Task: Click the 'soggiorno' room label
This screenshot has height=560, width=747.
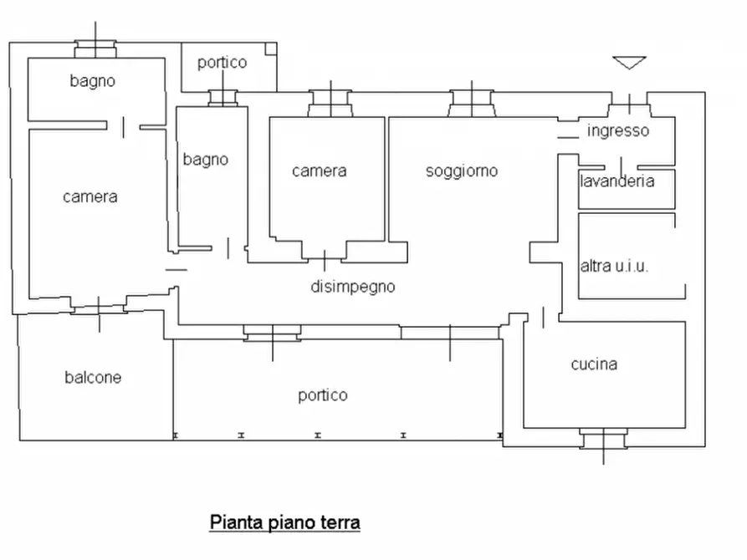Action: click(461, 171)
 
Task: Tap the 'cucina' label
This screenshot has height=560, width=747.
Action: click(594, 364)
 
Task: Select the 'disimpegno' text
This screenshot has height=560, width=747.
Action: click(352, 287)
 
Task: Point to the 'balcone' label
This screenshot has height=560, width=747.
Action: click(93, 378)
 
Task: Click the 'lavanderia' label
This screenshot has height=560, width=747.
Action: click(617, 181)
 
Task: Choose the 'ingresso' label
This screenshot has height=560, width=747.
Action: click(617, 131)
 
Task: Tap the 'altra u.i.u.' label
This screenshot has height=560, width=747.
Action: click(615, 267)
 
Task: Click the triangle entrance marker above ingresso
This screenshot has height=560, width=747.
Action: click(629, 63)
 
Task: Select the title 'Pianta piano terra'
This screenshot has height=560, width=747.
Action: click(284, 523)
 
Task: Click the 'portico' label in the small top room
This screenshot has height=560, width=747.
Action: click(222, 63)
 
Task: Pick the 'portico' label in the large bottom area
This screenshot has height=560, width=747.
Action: click(322, 395)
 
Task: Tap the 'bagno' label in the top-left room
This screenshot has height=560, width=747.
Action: click(92, 81)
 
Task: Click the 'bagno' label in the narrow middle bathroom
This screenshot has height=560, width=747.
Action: click(205, 159)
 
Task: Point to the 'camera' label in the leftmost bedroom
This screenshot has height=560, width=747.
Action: click(90, 197)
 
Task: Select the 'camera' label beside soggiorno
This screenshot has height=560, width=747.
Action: click(319, 171)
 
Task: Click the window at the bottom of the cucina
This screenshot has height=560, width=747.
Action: click(603, 440)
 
